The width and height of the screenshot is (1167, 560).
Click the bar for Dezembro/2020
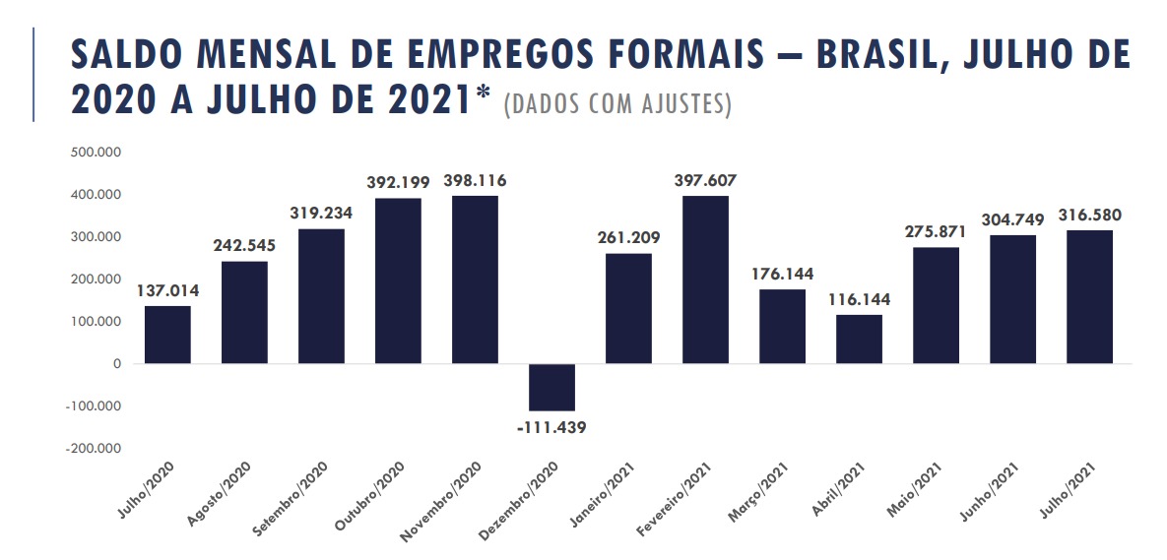click(551, 387)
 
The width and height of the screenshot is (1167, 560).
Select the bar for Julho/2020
click(167, 335)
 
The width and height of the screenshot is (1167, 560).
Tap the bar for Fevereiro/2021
click(705, 280)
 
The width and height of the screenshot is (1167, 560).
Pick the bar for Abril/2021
click(859, 339)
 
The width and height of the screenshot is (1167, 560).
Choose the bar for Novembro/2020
click(475, 280)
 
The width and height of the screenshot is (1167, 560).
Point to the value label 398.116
click(475, 181)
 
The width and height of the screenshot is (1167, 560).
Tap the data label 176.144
click(782, 275)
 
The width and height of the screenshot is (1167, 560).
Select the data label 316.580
click(1089, 216)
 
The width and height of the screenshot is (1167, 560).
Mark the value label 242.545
click(244, 246)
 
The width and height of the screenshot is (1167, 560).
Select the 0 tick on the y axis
click(117, 364)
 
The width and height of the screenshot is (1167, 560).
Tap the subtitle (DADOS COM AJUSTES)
click(617, 104)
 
